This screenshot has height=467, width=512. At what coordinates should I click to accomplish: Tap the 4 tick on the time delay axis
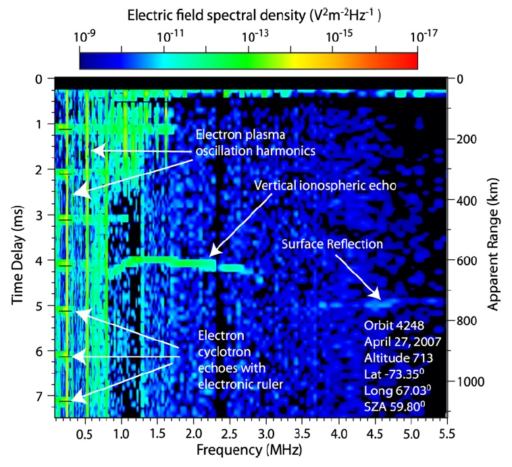coord(39,261)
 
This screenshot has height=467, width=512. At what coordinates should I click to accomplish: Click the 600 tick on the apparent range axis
coord(467,260)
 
